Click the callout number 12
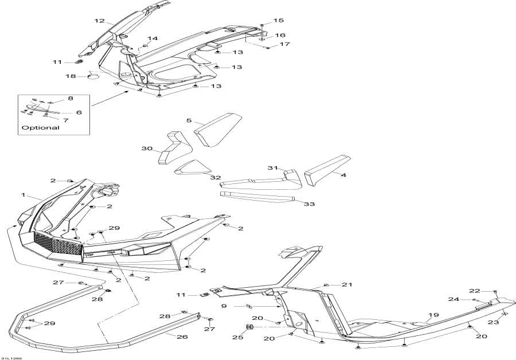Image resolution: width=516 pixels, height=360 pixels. point(99,21)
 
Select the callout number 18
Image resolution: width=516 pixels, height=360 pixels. point(71,76)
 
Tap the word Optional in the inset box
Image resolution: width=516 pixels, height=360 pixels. point(40,128)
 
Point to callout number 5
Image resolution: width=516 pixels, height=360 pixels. point(188,121)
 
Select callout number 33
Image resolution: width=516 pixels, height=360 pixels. point(310,204)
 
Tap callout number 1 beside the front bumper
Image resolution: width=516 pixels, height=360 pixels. point(24,195)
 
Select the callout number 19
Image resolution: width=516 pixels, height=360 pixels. point(433,315)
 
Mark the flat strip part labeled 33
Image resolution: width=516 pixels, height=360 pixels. point(258,197)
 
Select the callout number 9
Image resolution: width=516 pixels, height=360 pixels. point(225,306)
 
